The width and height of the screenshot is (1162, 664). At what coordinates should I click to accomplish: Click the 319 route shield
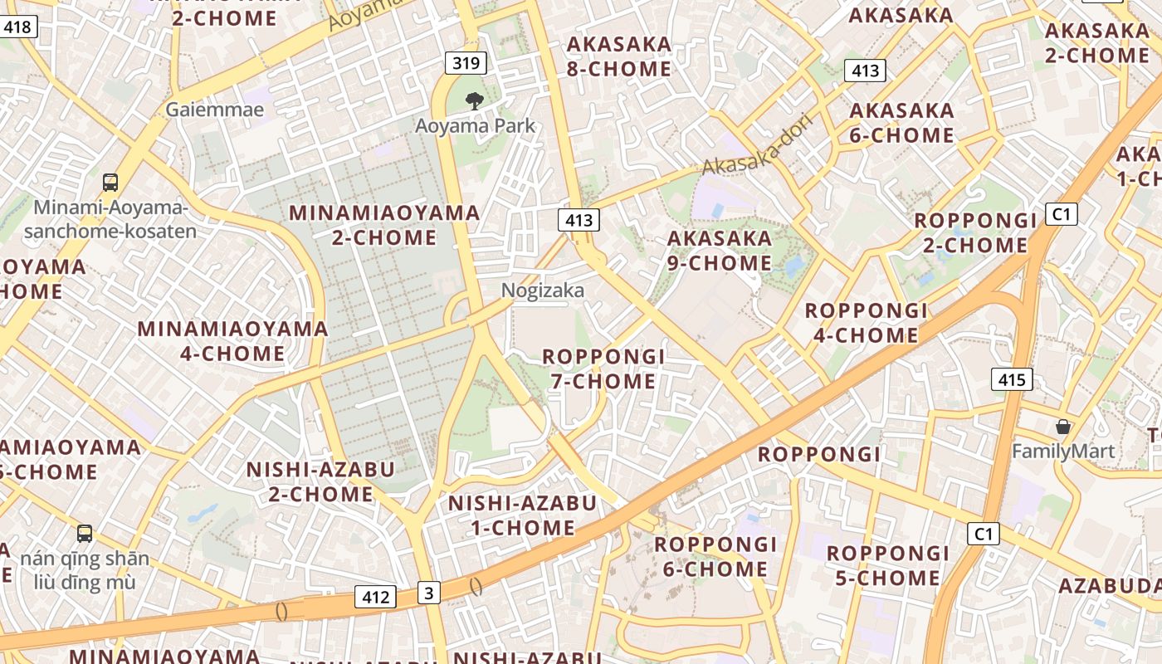tap(466, 62)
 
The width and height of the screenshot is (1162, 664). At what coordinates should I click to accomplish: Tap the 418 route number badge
tap(17, 27)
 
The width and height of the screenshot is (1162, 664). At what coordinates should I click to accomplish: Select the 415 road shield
tap(1012, 380)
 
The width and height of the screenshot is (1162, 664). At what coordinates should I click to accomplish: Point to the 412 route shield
tap(376, 596)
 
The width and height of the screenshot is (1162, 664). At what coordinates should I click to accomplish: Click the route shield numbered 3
tap(428, 593)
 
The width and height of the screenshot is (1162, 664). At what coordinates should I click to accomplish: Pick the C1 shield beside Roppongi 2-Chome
tap(1061, 214)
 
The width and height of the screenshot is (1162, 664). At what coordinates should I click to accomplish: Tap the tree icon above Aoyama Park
tap(474, 102)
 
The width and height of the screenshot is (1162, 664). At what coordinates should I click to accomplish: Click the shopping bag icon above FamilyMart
tap(1062, 427)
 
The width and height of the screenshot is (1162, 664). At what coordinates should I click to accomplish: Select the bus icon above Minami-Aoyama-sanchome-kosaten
tap(110, 182)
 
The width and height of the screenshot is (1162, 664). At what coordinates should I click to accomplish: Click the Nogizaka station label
tap(543, 290)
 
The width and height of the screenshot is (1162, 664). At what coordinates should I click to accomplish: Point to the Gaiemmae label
tap(215, 110)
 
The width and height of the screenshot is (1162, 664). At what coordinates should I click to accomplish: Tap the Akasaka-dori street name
tap(756, 144)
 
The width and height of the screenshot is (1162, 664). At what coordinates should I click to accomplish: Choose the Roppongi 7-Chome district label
tap(603, 369)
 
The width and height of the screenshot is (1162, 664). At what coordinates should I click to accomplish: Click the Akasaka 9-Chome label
tap(720, 251)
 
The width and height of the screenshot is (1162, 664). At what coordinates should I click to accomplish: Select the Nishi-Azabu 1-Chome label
tap(522, 515)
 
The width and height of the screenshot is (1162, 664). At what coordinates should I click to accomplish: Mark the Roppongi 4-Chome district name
tap(866, 323)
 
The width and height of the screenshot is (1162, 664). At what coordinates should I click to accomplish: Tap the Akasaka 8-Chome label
tap(618, 56)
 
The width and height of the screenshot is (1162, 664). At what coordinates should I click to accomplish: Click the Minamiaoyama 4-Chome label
tap(232, 341)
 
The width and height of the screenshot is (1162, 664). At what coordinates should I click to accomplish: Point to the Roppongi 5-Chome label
tap(887, 565)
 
